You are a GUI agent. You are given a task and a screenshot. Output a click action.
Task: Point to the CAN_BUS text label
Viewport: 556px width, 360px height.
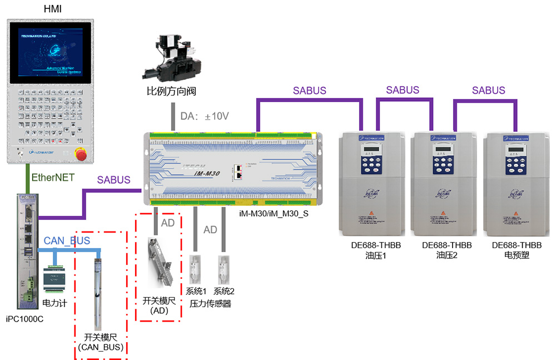point(67,241)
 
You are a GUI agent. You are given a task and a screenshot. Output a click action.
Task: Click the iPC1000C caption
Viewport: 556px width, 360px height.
point(24,319)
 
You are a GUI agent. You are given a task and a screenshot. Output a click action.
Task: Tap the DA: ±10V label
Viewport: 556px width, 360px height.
point(204,116)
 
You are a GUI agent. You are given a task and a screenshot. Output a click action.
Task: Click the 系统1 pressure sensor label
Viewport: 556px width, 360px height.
point(196,292)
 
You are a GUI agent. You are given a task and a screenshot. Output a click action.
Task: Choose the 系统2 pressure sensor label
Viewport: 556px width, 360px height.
point(225,292)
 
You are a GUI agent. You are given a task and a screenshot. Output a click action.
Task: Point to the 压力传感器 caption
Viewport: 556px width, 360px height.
point(210,304)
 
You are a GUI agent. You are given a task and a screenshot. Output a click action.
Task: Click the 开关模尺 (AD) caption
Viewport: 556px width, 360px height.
point(159,305)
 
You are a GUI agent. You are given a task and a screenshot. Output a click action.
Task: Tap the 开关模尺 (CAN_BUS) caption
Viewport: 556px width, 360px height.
point(101,342)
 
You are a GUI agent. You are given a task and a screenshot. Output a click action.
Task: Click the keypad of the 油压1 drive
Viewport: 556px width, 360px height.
point(369,164)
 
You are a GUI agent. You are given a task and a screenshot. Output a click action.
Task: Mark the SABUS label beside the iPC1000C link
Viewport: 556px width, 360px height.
point(114,180)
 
